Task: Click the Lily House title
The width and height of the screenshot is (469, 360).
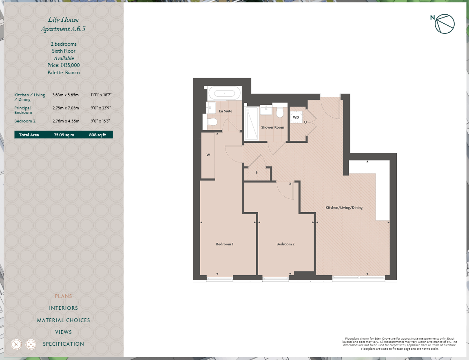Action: click(x=63, y=19)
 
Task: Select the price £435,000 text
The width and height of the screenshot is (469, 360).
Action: click(x=63, y=65)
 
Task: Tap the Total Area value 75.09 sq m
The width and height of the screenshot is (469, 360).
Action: click(x=64, y=135)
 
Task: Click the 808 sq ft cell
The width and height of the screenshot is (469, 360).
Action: click(x=97, y=135)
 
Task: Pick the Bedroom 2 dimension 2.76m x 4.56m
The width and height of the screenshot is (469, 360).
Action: click(x=66, y=121)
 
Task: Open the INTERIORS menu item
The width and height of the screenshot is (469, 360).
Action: click(x=63, y=308)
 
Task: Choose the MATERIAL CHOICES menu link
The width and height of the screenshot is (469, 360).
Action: click(x=63, y=320)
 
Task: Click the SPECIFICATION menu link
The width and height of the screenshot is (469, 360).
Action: click(x=63, y=344)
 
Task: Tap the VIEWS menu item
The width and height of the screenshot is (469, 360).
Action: click(x=63, y=332)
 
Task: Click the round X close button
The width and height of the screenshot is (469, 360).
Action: click(x=16, y=344)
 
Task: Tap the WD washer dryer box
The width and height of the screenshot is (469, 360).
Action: click(x=296, y=118)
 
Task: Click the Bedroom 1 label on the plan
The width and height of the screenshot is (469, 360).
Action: click(x=225, y=244)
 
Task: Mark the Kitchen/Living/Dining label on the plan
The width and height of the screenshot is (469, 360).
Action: click(x=344, y=208)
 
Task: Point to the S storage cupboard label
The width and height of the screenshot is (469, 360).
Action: click(x=257, y=173)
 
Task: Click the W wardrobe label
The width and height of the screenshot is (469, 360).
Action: click(x=208, y=155)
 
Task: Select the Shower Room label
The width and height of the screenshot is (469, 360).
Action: click(x=272, y=127)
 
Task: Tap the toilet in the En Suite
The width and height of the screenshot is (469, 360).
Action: click(x=212, y=121)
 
